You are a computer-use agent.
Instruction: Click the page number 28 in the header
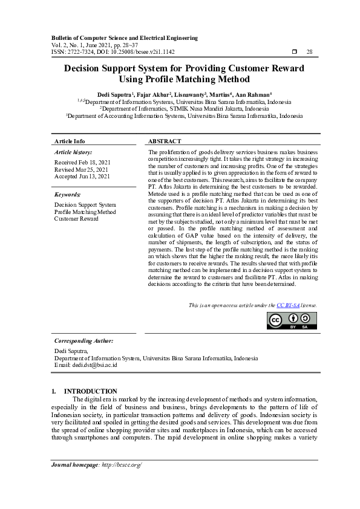[x=309, y=52]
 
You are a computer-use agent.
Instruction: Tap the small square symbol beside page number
[x=294, y=52]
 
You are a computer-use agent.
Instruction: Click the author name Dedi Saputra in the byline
[x=114, y=95]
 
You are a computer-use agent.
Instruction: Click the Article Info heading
[x=70, y=141]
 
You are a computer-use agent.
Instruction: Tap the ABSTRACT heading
[x=165, y=141]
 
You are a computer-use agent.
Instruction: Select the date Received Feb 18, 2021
[x=82, y=163]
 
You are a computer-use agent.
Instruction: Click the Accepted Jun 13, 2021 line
[x=82, y=177]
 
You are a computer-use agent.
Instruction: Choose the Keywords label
[x=67, y=195]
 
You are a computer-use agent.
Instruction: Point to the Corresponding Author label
[x=84, y=341]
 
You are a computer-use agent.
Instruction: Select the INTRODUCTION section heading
[x=91, y=391]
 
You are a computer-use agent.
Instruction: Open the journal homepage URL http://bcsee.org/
[x=122, y=464]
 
